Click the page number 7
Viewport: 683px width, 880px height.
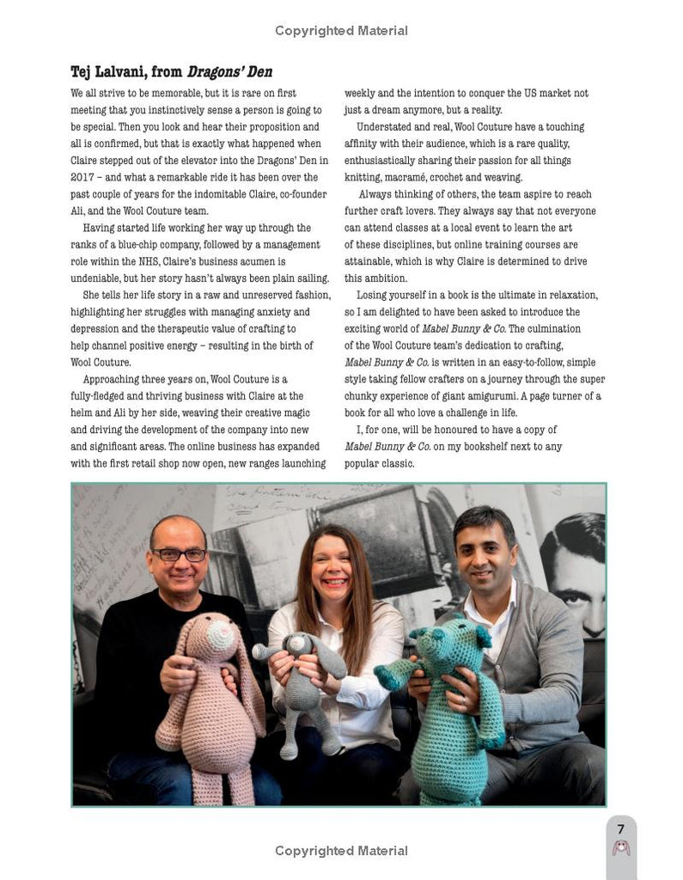point(621,828)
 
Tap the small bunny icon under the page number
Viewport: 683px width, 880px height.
point(621,848)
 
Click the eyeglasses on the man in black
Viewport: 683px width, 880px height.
point(179,555)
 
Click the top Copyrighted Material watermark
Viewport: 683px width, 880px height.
point(341,31)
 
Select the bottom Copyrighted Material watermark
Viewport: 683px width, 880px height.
point(341,851)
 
